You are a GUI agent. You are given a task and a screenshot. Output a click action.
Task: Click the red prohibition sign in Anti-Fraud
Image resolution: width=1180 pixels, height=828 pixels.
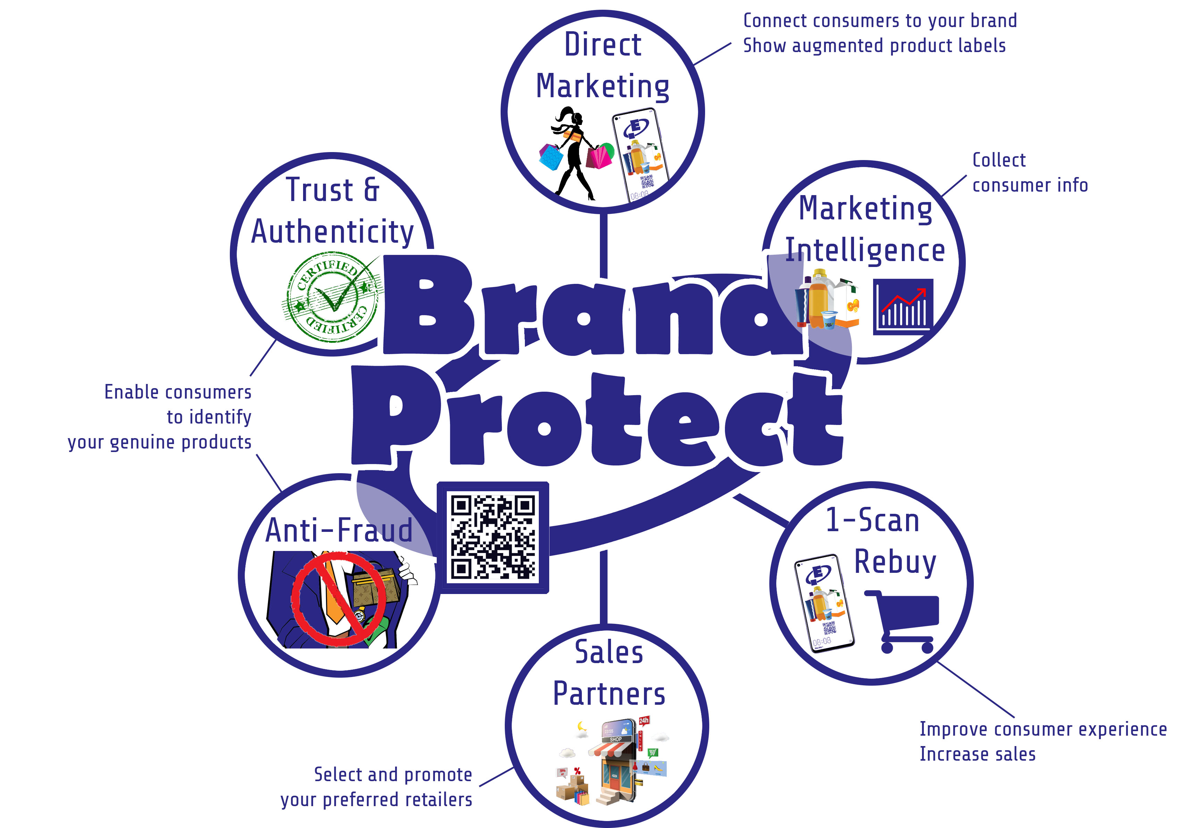tap(339, 598)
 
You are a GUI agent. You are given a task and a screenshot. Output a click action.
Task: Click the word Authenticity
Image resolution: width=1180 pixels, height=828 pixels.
tap(333, 232)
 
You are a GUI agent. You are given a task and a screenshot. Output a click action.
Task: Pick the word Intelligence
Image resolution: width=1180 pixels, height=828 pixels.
tap(865, 251)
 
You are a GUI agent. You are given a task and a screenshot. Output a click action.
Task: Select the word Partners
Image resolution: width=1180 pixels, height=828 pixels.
tap(609, 694)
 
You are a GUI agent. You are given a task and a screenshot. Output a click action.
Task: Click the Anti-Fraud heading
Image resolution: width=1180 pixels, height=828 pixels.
tap(339, 530)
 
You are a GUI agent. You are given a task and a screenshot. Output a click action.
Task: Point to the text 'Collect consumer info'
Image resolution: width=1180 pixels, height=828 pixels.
tap(1030, 172)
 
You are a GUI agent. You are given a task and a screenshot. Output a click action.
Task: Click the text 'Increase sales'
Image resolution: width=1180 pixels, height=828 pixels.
tap(978, 754)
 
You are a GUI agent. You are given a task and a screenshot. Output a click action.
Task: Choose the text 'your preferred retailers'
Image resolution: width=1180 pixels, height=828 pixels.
tap(376, 800)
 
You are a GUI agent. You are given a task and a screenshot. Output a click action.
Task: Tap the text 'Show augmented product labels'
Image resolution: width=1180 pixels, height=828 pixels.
tap(874, 46)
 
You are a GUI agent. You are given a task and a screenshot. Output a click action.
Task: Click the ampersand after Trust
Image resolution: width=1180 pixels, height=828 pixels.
tap(371, 189)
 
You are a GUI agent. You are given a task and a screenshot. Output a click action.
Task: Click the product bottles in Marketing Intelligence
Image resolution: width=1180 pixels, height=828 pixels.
tap(828, 299)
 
